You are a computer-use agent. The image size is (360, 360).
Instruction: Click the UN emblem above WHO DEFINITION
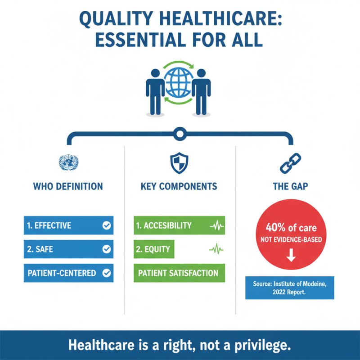pos(68,162)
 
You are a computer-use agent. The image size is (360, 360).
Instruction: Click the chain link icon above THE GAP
pos(290,163)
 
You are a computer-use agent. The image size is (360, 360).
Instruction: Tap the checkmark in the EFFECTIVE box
pos(107,225)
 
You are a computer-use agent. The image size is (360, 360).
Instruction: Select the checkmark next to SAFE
pos(107,249)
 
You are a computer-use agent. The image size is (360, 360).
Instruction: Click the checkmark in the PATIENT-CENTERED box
pos(107,273)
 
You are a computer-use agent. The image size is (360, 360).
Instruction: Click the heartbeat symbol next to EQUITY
pos(215,249)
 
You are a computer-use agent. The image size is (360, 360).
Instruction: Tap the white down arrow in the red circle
pos(291,256)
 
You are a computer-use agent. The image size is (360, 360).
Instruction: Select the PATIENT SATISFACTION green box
pos(179,273)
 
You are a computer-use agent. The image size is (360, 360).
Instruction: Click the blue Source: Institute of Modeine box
pos(289,288)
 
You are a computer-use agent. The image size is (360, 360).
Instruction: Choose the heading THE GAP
pos(290,186)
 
